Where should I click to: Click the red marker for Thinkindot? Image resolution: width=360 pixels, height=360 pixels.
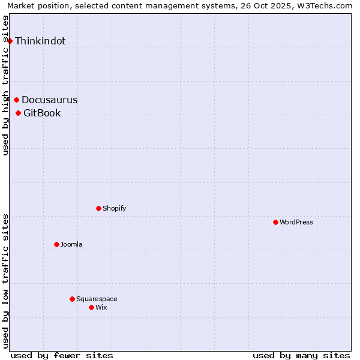click(x=10, y=41)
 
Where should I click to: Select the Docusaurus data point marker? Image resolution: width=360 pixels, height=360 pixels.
click(x=17, y=100)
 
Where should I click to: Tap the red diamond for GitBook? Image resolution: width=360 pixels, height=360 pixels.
click(x=19, y=113)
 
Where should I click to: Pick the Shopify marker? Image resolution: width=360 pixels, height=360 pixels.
click(x=98, y=208)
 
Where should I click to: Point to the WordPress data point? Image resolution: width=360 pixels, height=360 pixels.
click(x=275, y=222)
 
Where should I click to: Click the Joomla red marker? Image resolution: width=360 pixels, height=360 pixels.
click(x=56, y=244)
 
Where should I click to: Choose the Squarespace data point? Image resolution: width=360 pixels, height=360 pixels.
click(x=72, y=299)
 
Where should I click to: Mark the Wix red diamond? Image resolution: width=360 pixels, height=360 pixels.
click(x=91, y=307)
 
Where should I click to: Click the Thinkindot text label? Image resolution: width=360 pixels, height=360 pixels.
click(x=40, y=41)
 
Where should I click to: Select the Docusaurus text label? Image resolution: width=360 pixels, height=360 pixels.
click(x=49, y=100)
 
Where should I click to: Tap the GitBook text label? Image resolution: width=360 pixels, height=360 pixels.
click(x=42, y=113)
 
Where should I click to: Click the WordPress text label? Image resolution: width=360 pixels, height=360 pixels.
click(x=296, y=222)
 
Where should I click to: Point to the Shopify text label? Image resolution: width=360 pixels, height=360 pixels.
click(x=114, y=208)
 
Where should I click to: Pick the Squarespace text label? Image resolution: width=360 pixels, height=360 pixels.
click(x=97, y=299)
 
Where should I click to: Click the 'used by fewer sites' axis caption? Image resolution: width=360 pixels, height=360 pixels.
click(x=62, y=355)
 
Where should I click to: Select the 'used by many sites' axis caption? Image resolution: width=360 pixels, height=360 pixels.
click(x=301, y=355)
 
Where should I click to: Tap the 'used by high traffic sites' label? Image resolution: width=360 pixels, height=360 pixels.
click(x=6, y=85)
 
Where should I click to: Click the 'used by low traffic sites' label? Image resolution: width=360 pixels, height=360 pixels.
click(x=6, y=280)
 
